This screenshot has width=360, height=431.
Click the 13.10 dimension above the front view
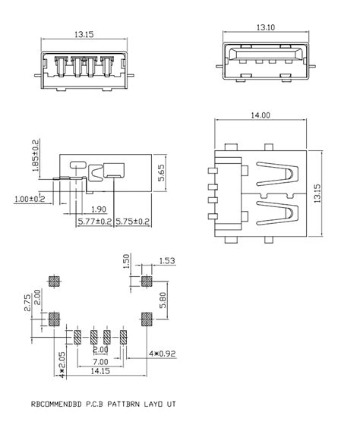[266, 28]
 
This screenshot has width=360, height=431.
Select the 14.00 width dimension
[260, 115]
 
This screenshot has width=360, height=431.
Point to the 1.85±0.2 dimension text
[36, 156]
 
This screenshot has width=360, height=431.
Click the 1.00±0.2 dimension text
[30, 199]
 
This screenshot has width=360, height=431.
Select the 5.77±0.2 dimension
[96, 221]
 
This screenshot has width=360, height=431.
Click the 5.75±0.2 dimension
[132, 221]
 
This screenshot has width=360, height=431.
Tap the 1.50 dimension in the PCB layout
[126, 263]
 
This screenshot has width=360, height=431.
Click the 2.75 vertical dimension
[27, 304]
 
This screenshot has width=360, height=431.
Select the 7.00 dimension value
[100, 363]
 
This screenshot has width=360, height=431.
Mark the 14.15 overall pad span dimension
[99, 373]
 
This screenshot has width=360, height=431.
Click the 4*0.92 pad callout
[162, 353]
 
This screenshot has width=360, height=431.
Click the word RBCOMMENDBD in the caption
[59, 404]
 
